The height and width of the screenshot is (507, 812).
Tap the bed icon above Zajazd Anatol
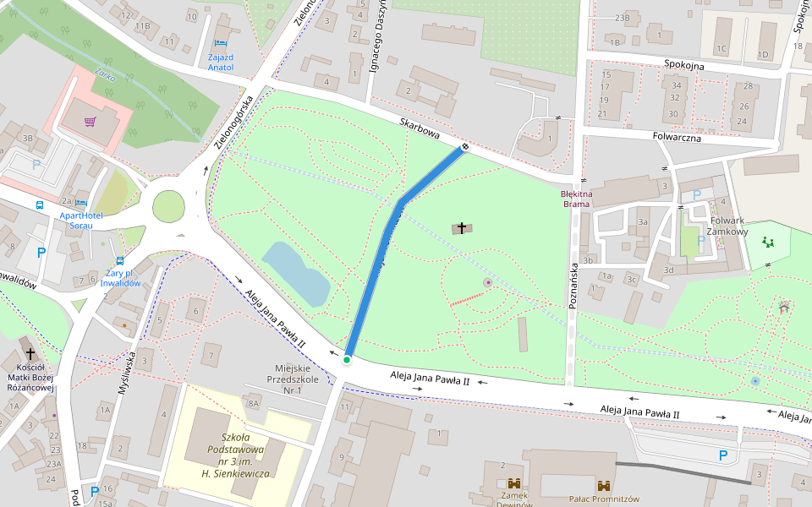click(220, 42)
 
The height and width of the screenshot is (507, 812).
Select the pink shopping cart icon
click(90, 122)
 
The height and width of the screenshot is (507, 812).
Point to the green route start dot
click(347, 361)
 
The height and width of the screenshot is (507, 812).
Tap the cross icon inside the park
click(462, 227)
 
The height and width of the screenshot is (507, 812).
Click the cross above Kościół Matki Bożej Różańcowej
click(30, 354)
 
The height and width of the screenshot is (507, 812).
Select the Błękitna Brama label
click(577, 199)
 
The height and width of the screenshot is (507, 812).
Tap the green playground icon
click(768, 243)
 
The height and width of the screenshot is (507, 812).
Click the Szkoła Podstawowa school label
click(234, 455)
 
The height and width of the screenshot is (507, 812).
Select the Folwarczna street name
click(677, 137)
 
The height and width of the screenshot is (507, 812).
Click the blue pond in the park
click(296, 272)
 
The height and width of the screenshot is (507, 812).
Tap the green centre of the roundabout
click(168, 205)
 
